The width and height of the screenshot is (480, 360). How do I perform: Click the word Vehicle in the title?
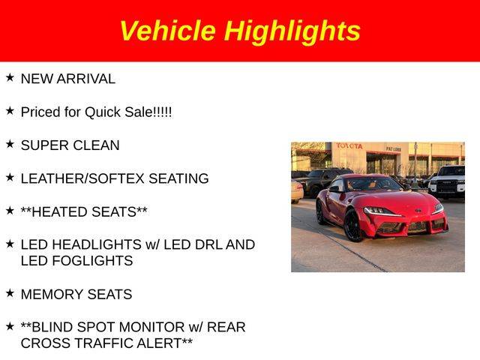click(x=168, y=31)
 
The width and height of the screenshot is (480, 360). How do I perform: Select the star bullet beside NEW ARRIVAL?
click(x=10, y=78)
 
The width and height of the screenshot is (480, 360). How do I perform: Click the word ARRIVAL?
click(x=86, y=79)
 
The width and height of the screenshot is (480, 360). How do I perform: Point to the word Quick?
click(x=103, y=112)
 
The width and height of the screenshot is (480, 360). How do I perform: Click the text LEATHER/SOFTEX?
click(x=82, y=178)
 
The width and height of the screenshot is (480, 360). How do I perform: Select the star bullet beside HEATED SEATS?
click(x=10, y=211)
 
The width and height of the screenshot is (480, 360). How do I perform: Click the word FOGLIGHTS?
click(x=92, y=261)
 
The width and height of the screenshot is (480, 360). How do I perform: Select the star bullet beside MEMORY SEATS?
click(x=10, y=293)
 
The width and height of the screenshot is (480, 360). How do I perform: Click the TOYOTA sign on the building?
click(x=349, y=146)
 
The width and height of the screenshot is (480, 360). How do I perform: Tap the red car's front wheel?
click(x=353, y=225)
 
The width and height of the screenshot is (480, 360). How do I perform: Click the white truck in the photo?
click(x=447, y=182)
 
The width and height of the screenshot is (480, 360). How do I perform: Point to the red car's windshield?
click(x=373, y=184)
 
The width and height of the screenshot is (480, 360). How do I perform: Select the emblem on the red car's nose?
click(x=418, y=210)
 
